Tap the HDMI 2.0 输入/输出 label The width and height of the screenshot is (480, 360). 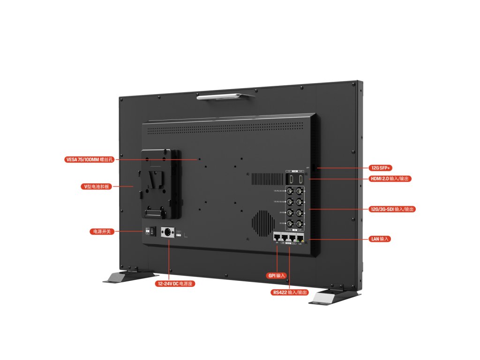click(x=391, y=179)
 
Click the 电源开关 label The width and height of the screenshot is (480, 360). click(x=102, y=232)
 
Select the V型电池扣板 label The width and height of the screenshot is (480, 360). click(x=96, y=187)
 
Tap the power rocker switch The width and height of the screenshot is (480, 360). click(x=150, y=232)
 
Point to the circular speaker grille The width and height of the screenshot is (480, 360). click(x=263, y=221)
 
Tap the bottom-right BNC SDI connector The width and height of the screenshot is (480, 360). click(x=300, y=224)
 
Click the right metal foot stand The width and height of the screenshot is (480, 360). click(x=334, y=297)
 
